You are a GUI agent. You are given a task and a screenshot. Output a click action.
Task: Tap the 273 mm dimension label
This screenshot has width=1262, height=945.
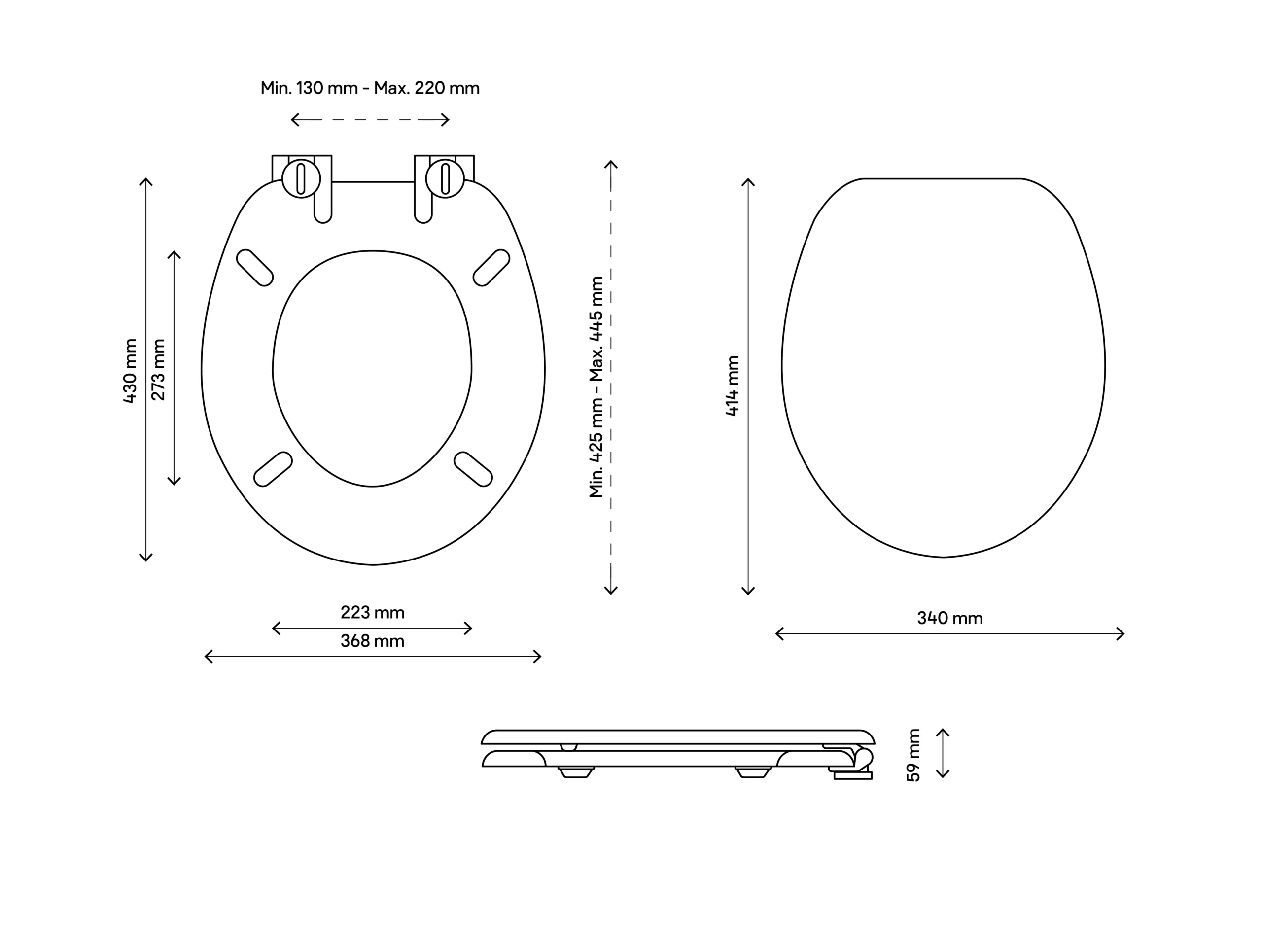(159, 370)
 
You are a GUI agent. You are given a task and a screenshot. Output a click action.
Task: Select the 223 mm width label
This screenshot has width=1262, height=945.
(373, 612)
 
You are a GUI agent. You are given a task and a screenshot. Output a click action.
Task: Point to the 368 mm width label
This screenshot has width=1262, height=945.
(373, 641)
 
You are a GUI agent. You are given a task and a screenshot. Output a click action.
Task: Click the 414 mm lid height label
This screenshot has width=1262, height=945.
(733, 386)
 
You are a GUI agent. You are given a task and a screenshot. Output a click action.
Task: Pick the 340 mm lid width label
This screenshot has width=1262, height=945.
(950, 618)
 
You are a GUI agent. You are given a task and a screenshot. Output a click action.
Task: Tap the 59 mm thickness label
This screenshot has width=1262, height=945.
(913, 755)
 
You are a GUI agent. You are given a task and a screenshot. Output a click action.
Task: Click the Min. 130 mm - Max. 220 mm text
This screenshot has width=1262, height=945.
(370, 88)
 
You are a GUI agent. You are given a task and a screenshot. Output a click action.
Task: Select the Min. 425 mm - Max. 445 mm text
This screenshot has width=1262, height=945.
(596, 387)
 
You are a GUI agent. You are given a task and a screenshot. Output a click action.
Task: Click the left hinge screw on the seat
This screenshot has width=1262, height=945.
(301, 178)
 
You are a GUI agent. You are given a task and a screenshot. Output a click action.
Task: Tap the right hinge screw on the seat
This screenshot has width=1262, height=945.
(445, 178)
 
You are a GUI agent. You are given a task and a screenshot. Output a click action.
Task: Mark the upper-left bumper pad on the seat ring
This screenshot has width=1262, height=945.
(255, 268)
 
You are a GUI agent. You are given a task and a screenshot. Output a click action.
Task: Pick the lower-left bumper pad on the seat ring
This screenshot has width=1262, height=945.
(273, 469)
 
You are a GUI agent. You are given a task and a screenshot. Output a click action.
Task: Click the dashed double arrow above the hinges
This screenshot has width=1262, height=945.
(370, 120)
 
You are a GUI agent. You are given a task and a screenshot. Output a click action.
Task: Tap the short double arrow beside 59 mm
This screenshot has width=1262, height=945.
(943, 753)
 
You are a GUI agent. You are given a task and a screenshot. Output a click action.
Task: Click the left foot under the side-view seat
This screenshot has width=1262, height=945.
(576, 771)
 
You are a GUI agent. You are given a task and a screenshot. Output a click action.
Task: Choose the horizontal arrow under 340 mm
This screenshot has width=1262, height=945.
(950, 634)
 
